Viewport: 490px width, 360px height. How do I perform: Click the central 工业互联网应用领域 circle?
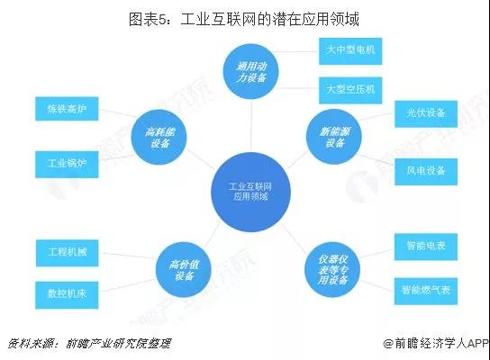pos(250,192)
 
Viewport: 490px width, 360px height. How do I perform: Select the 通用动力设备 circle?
pos(251,71)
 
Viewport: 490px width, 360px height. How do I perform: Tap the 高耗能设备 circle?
pos(159,137)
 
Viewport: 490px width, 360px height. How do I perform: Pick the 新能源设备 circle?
pos(334,137)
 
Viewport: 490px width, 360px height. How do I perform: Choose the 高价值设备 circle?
pos(184,270)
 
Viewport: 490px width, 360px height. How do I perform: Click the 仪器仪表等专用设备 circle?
pos(332,269)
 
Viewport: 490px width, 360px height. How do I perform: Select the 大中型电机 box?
pos(350,51)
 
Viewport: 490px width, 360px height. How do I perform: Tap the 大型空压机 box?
pos(350,90)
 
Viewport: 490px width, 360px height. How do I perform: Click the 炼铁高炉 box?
pos(67,109)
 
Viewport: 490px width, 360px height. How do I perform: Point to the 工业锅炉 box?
pos(67,165)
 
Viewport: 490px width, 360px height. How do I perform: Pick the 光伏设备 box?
pos(426,114)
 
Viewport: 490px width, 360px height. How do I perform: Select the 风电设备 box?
pos(426,172)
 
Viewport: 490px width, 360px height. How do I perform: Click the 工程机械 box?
pos(68,253)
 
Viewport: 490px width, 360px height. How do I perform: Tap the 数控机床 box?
pos(67,295)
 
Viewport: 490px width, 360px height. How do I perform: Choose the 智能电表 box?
pos(426,247)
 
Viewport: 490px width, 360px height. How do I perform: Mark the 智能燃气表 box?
pos(426,292)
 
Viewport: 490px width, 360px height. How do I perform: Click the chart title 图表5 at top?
pos(244,19)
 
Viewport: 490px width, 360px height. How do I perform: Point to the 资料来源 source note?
pos(89,344)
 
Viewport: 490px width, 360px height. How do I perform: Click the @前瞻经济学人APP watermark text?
pos(436,344)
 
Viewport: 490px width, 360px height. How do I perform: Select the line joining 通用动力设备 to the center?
pos(251,126)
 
